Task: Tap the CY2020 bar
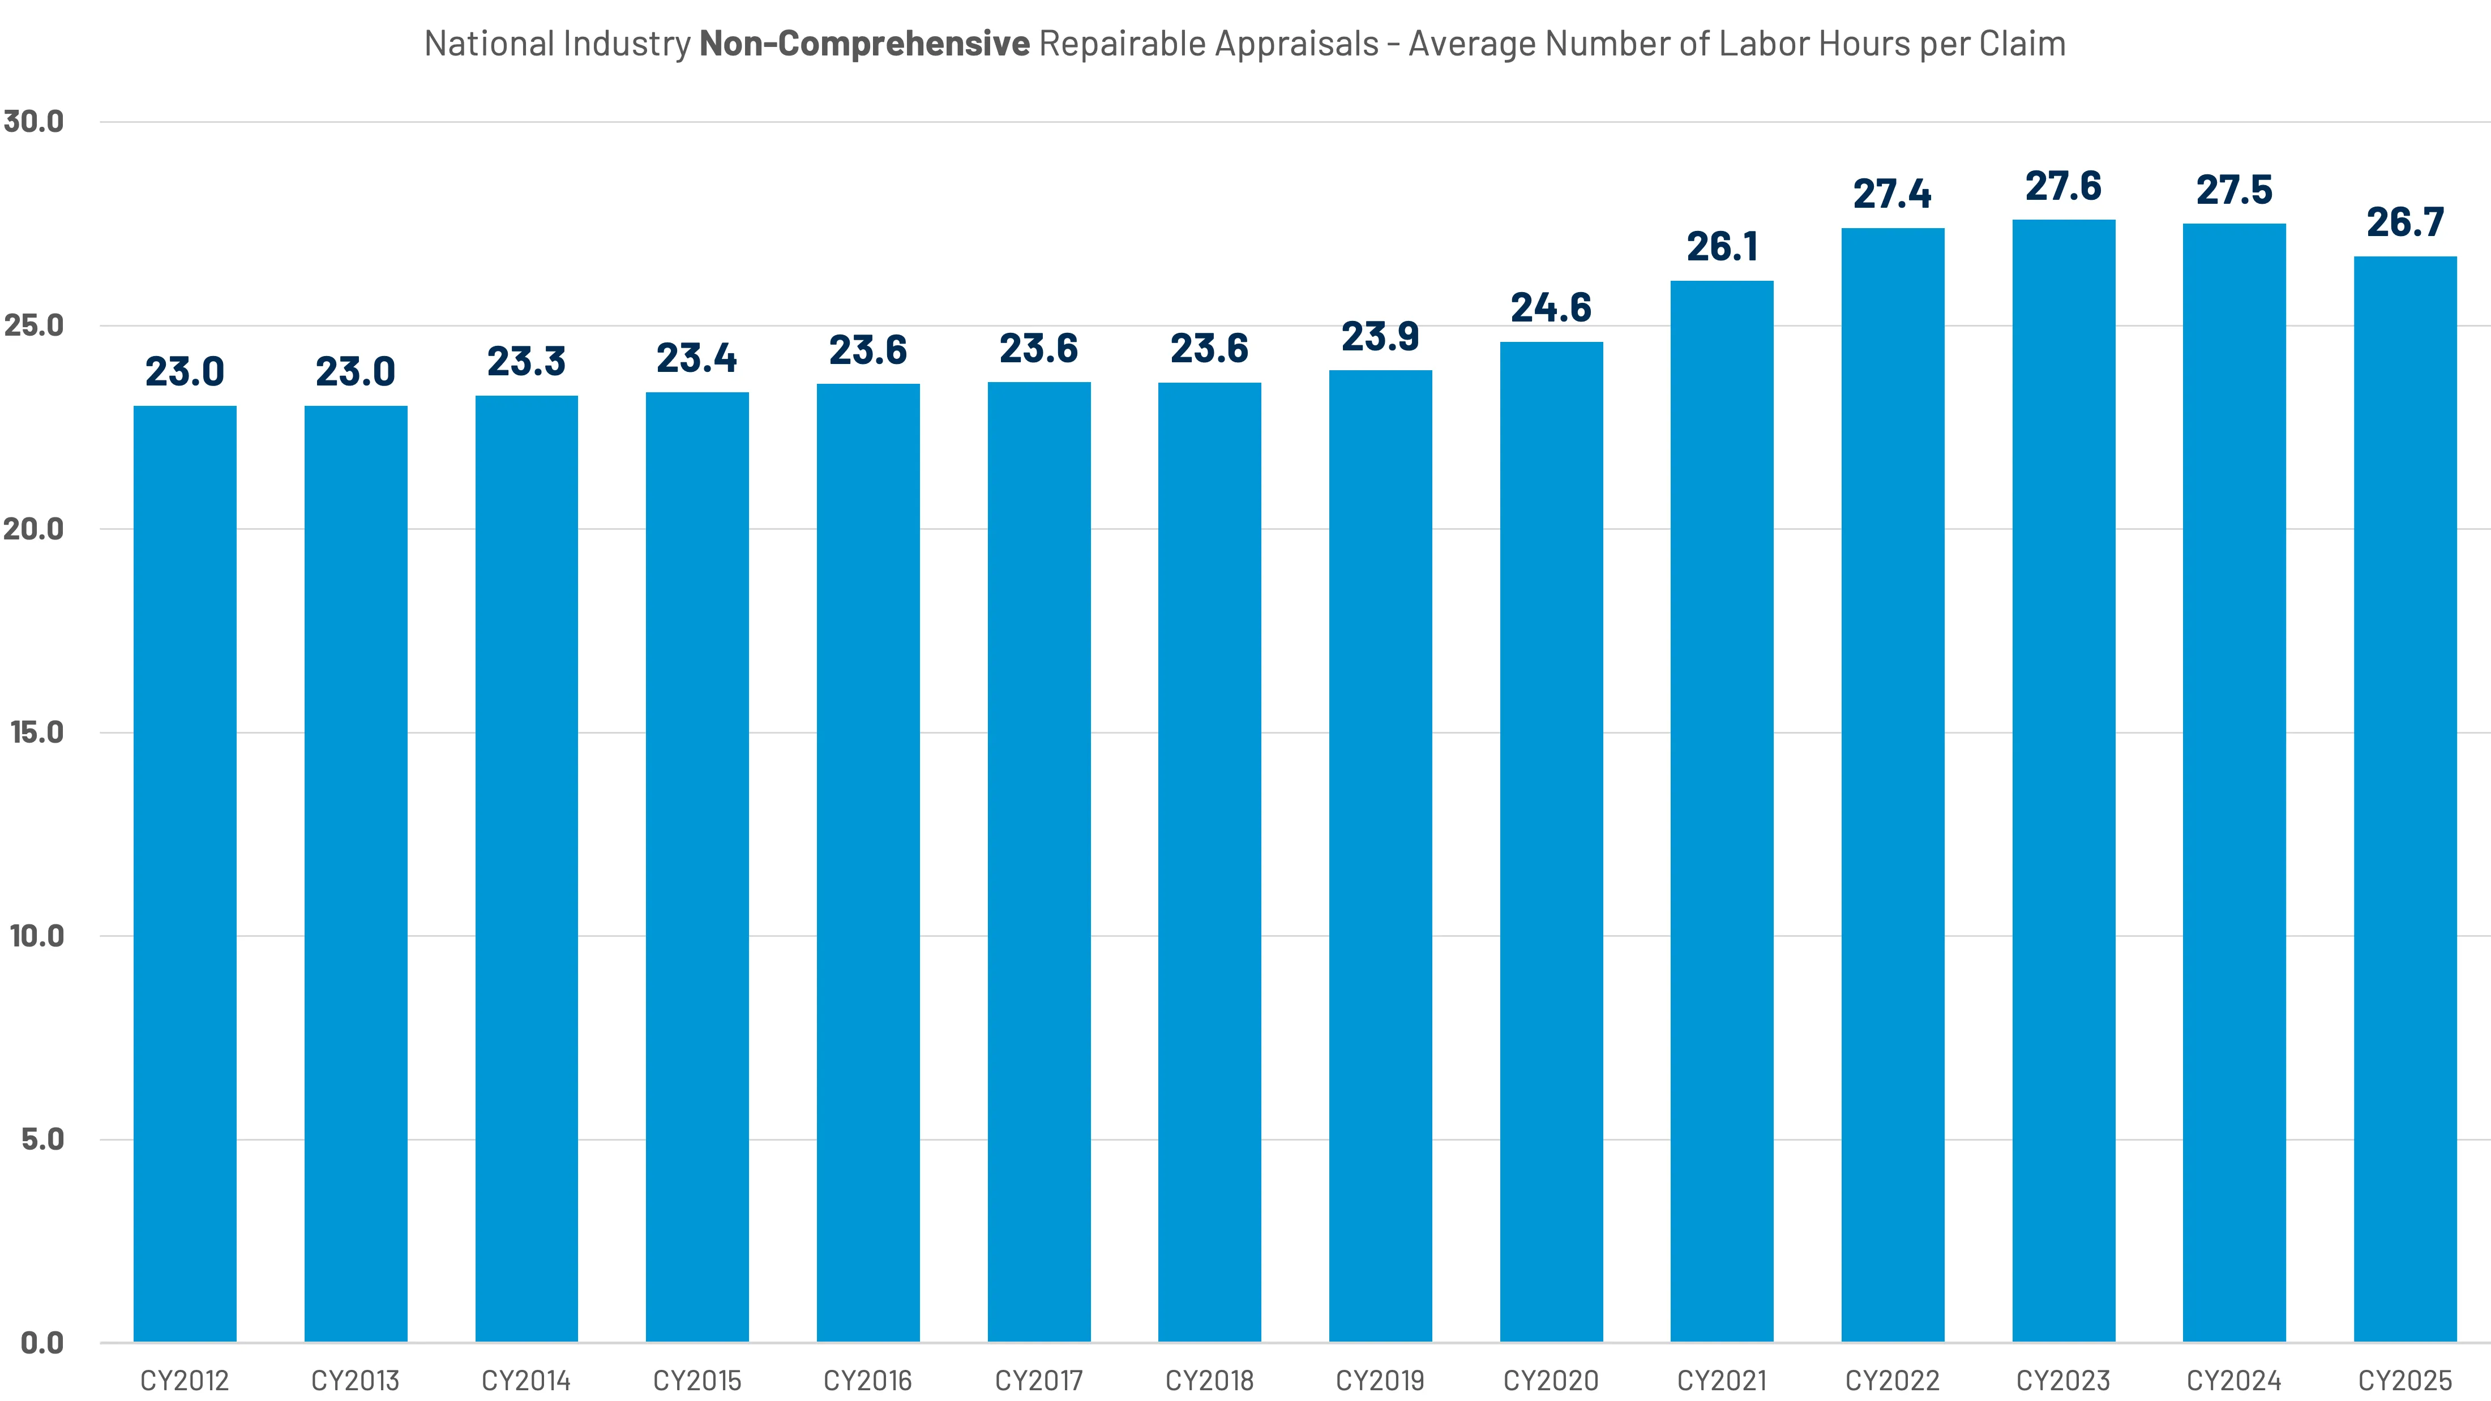pos(1551,841)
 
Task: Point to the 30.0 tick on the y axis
pos(34,122)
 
